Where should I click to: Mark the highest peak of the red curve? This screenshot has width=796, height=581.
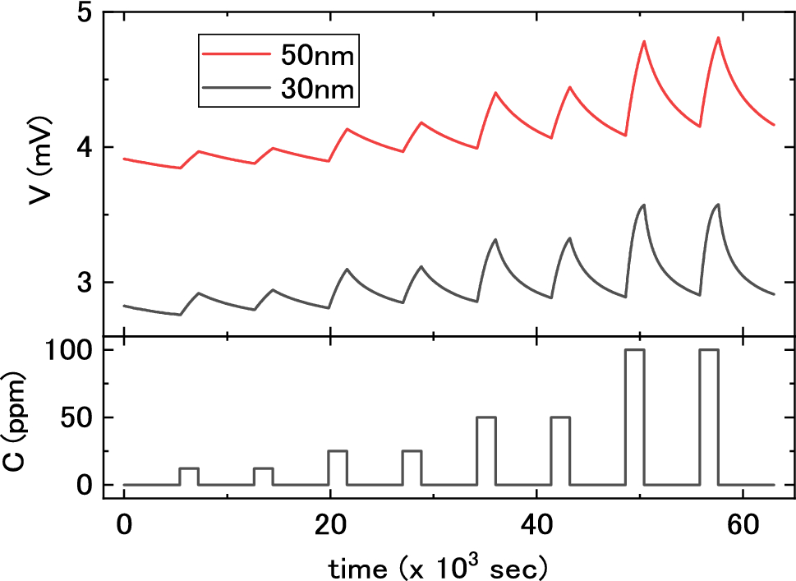click(x=718, y=38)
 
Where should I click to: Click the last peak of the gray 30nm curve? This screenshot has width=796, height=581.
click(x=718, y=205)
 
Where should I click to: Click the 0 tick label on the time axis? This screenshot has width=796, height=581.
click(x=124, y=523)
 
